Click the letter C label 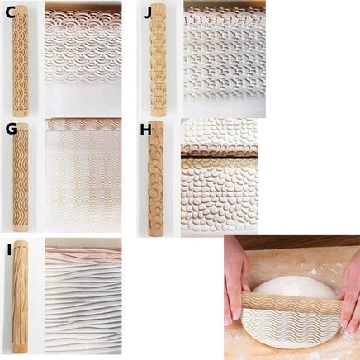[x=10, y=13]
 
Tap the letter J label [x=148, y=13]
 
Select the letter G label [x=11, y=130]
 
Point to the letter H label [x=145, y=130]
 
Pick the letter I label [x=10, y=250]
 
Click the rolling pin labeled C [x=21, y=61]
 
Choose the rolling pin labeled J [x=158, y=60]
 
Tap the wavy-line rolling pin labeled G [x=21, y=178]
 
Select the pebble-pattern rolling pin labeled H [x=156, y=178]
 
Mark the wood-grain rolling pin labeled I [x=20, y=296]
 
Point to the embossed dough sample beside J [x=225, y=59]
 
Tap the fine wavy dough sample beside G [x=83, y=175]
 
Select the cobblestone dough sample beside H [x=219, y=178]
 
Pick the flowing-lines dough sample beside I [x=83, y=296]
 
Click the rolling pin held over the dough [x=292, y=304]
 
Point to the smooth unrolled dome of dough [x=294, y=287]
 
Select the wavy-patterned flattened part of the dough [x=291, y=328]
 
